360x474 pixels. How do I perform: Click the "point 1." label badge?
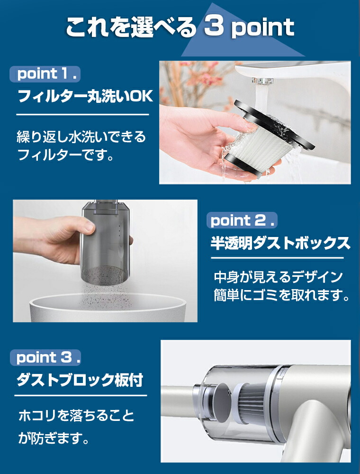tap(45, 74)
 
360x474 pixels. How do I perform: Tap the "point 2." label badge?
tap(242, 220)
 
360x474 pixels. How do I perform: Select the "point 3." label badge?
tap(45, 357)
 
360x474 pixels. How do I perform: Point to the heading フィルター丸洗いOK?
tap(85, 96)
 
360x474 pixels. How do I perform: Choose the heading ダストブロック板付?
tap(80, 380)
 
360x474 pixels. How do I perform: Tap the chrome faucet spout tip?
tap(262, 81)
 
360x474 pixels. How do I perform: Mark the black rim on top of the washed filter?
tap(274, 123)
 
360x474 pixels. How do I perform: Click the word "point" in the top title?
tap(262, 28)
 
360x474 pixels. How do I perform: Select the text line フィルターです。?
tap(65, 155)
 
